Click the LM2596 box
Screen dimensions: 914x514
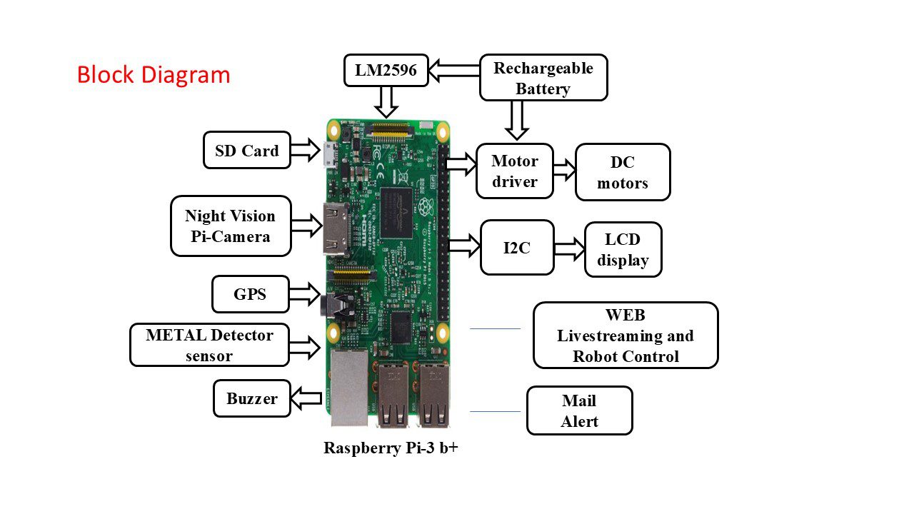[x=386, y=70]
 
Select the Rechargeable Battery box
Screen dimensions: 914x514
[x=543, y=78]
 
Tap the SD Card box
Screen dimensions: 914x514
[x=247, y=150]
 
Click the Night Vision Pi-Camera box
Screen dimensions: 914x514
[x=231, y=226]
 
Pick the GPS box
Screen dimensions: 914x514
[x=251, y=294]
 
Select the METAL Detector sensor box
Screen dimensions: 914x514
[x=210, y=345]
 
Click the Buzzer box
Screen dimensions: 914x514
[x=252, y=398]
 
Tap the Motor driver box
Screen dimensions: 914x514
[x=515, y=171]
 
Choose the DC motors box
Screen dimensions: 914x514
[x=623, y=172]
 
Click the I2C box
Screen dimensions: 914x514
[x=518, y=248]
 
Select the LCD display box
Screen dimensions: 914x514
[x=623, y=250]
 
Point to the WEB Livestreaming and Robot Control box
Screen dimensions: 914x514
[x=626, y=336]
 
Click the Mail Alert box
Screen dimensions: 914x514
[x=580, y=410]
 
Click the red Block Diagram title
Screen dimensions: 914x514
[x=154, y=75]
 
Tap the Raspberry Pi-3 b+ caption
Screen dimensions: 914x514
[x=391, y=448]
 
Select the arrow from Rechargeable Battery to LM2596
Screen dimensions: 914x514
[x=454, y=70]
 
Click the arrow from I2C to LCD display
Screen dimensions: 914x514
[x=570, y=248]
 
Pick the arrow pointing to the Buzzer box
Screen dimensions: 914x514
[x=306, y=398]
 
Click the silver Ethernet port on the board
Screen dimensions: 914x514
[x=349, y=388]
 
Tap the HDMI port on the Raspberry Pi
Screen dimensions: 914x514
[x=336, y=229]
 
